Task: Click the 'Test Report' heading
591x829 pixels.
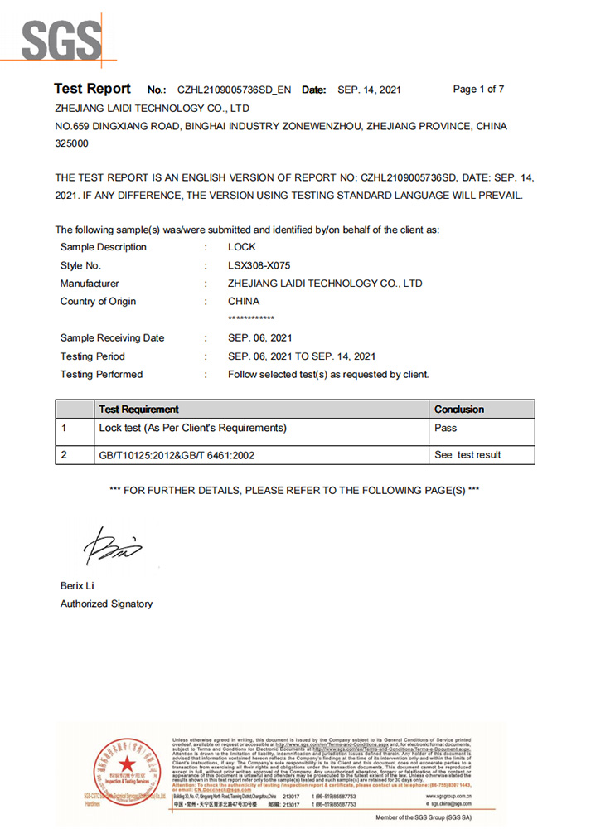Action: [92, 89]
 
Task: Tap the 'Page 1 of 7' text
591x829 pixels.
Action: [478, 89]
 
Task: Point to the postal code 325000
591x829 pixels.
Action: [71, 143]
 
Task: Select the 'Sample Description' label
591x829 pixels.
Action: [103, 247]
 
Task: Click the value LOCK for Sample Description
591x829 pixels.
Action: [242, 247]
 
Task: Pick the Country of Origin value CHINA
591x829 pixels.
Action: [244, 302]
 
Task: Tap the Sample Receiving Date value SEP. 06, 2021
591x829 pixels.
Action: [259, 338]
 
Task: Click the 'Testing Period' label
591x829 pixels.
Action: [92, 356]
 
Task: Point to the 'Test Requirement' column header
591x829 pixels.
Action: [138, 410]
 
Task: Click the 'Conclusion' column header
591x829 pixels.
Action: [459, 410]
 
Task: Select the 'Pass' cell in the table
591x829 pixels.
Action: [446, 429]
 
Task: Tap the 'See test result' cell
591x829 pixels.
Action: [467, 455]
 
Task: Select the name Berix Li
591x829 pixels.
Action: [79, 586]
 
